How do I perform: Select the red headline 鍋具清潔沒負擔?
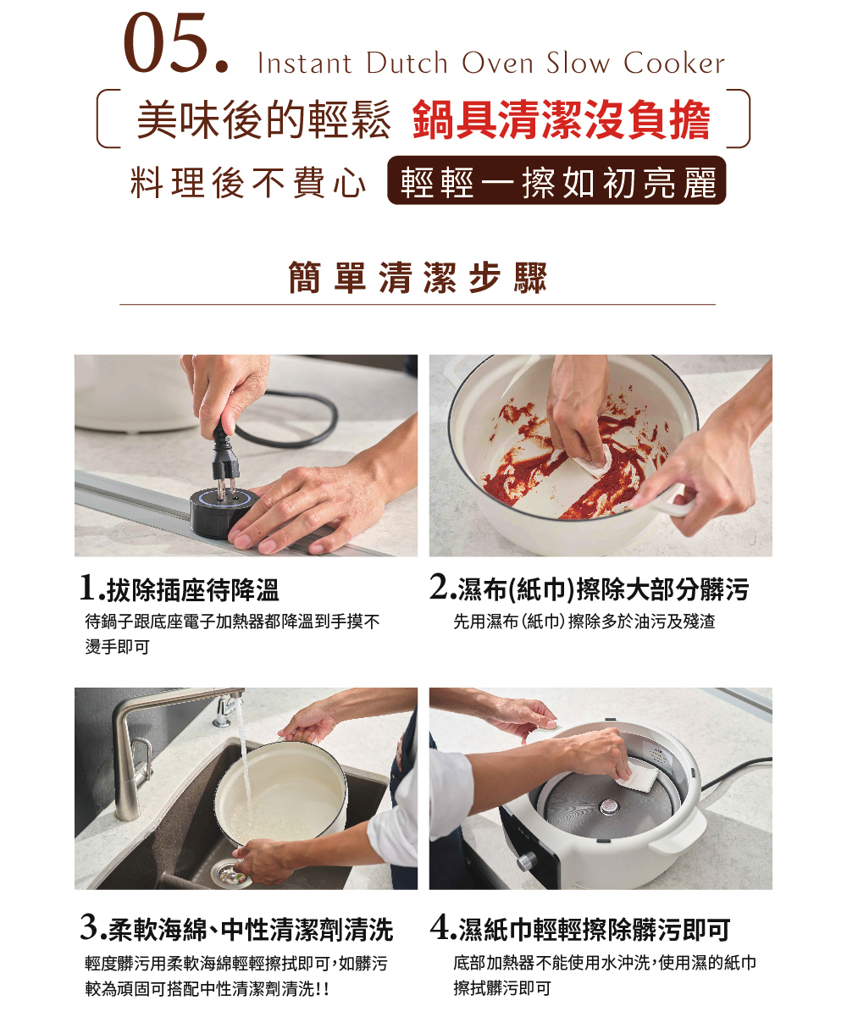pyautogui.click(x=561, y=119)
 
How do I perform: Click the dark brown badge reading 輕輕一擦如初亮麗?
pyautogui.click(x=556, y=180)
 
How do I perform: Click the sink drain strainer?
pyautogui.click(x=230, y=873)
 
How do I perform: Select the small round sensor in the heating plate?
pyautogui.click(x=609, y=806)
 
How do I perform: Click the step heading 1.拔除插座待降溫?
pyautogui.click(x=180, y=589)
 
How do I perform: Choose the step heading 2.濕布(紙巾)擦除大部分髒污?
pyautogui.click(x=589, y=589)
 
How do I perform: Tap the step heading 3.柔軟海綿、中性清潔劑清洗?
pyautogui.click(x=236, y=930)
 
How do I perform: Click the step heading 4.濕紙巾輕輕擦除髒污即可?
pyautogui.click(x=580, y=930)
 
